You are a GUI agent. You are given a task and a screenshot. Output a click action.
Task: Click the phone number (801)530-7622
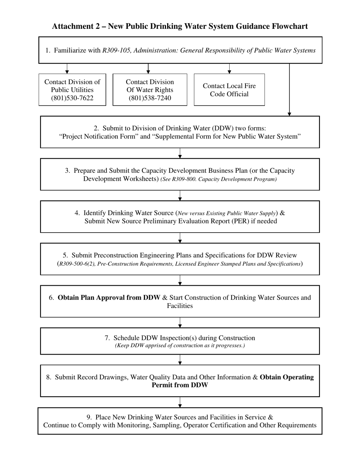point(72,98)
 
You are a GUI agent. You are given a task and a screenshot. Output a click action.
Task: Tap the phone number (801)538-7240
point(150,98)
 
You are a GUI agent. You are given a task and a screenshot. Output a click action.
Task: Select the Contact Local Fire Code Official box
point(229,90)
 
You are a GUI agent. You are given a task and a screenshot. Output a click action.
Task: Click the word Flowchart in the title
point(289,26)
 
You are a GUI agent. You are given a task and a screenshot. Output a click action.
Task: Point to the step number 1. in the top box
point(48,50)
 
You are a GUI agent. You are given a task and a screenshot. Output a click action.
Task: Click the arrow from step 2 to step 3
point(180,153)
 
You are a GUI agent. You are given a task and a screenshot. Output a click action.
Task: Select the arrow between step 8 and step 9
point(180,402)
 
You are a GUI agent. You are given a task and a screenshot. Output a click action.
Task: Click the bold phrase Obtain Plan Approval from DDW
point(109,298)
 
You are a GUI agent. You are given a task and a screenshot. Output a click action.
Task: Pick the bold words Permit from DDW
point(180,385)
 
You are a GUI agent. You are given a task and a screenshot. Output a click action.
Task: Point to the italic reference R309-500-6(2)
point(77,264)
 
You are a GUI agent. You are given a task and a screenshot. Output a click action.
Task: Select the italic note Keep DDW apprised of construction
point(180,346)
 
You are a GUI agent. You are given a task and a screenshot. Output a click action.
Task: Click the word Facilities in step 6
point(180,306)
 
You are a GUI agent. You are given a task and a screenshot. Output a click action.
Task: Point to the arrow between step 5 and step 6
point(180,280)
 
